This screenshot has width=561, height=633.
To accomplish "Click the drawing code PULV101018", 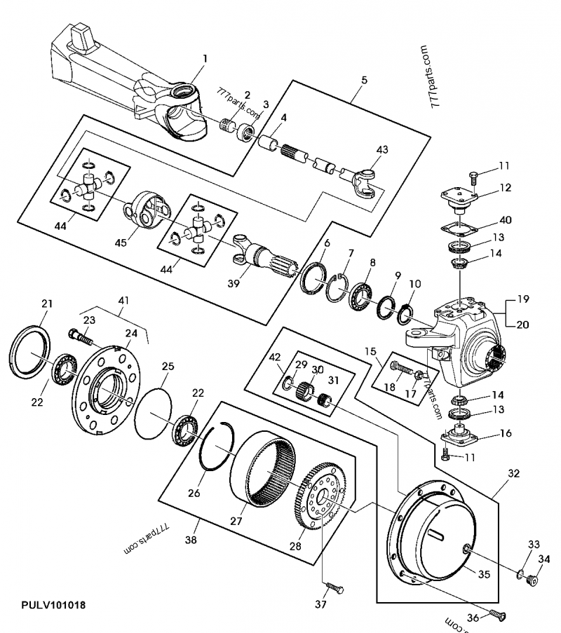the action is pyautogui.click(x=53, y=605).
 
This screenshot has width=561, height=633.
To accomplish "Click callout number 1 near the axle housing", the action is pyautogui.click(x=205, y=59).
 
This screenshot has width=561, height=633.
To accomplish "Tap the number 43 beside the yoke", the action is pyautogui.click(x=382, y=149).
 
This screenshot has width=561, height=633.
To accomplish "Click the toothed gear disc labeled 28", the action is pyautogui.click(x=321, y=496).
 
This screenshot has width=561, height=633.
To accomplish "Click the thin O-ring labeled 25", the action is pyautogui.click(x=153, y=414).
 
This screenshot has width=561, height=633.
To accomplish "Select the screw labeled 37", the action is pyautogui.click(x=334, y=587).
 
